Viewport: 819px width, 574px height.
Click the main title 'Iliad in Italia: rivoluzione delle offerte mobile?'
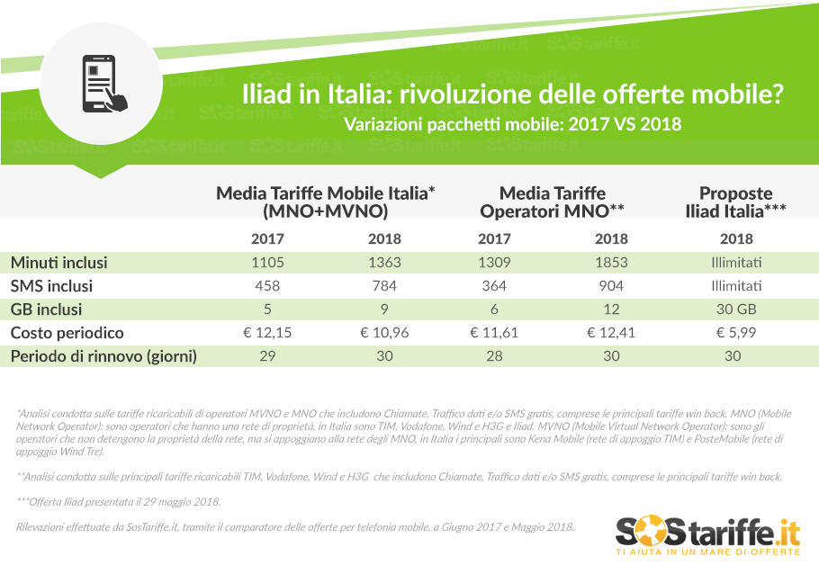click(x=513, y=94)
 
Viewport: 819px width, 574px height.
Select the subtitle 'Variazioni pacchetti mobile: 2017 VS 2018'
click(x=513, y=123)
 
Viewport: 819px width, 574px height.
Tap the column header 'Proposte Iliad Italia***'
click(x=735, y=202)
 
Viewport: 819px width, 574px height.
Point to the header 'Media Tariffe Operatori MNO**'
click(x=553, y=202)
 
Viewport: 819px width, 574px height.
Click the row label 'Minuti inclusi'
click(x=59, y=263)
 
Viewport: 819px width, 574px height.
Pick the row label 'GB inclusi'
click(x=47, y=309)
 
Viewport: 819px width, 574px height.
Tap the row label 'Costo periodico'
click(x=67, y=333)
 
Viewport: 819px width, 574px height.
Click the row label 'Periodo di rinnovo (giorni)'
click(x=103, y=356)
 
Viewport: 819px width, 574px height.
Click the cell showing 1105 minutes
click(x=268, y=263)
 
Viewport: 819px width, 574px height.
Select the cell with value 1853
click(x=612, y=263)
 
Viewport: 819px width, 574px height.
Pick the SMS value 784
click(x=384, y=286)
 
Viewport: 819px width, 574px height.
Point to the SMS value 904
click(x=612, y=286)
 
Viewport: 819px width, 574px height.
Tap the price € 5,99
click(x=733, y=333)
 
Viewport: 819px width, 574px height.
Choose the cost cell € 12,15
click(x=268, y=333)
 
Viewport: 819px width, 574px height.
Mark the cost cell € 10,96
click(x=384, y=333)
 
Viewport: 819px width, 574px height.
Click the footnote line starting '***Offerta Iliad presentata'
click(x=118, y=501)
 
